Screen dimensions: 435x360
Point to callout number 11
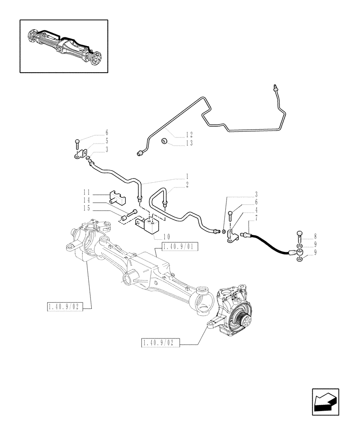point(87,192)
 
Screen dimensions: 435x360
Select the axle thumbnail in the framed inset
point(63,46)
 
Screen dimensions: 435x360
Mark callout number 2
point(187,185)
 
